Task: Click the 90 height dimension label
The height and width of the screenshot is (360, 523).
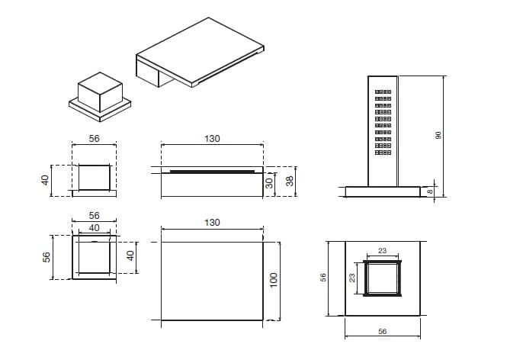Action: point(438,136)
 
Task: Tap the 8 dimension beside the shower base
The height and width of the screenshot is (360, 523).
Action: point(430,191)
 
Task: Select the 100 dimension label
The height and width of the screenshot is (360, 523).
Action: point(273,280)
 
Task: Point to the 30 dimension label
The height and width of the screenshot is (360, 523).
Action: point(269,183)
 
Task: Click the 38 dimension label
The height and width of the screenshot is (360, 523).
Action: point(290,181)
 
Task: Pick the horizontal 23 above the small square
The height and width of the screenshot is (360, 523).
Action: point(382,251)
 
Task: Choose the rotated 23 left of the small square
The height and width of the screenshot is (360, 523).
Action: point(352,278)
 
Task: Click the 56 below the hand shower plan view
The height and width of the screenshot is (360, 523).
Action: point(382,331)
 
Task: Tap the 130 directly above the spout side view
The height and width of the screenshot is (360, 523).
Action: point(212,139)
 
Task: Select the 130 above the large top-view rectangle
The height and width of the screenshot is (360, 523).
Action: point(212,223)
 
